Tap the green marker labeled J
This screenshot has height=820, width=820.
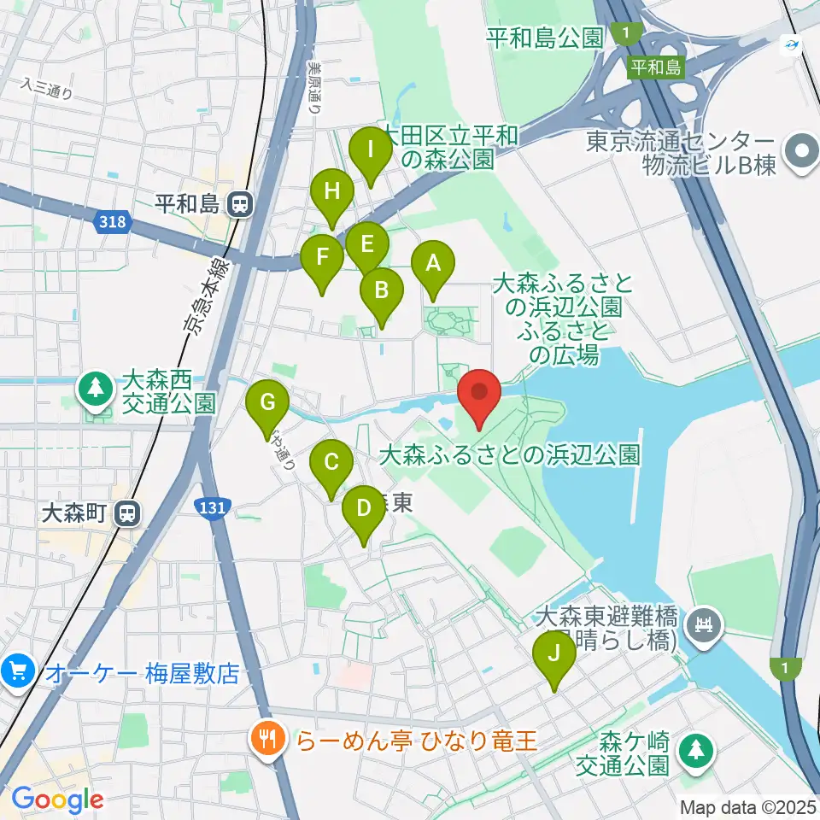(x=554, y=655)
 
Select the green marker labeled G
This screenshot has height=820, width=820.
(x=267, y=401)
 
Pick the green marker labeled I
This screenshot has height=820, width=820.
(x=371, y=150)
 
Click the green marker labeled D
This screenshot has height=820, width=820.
(x=363, y=510)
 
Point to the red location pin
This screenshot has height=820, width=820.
(x=479, y=393)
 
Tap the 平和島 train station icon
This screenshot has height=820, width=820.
(x=240, y=203)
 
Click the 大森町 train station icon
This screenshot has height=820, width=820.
(x=127, y=513)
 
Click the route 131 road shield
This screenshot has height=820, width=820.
(x=211, y=508)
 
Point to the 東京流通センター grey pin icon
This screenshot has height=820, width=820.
(x=800, y=153)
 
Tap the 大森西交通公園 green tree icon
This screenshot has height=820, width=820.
(x=97, y=389)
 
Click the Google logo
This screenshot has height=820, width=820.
(x=57, y=800)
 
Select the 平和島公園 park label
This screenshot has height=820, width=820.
(x=545, y=38)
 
